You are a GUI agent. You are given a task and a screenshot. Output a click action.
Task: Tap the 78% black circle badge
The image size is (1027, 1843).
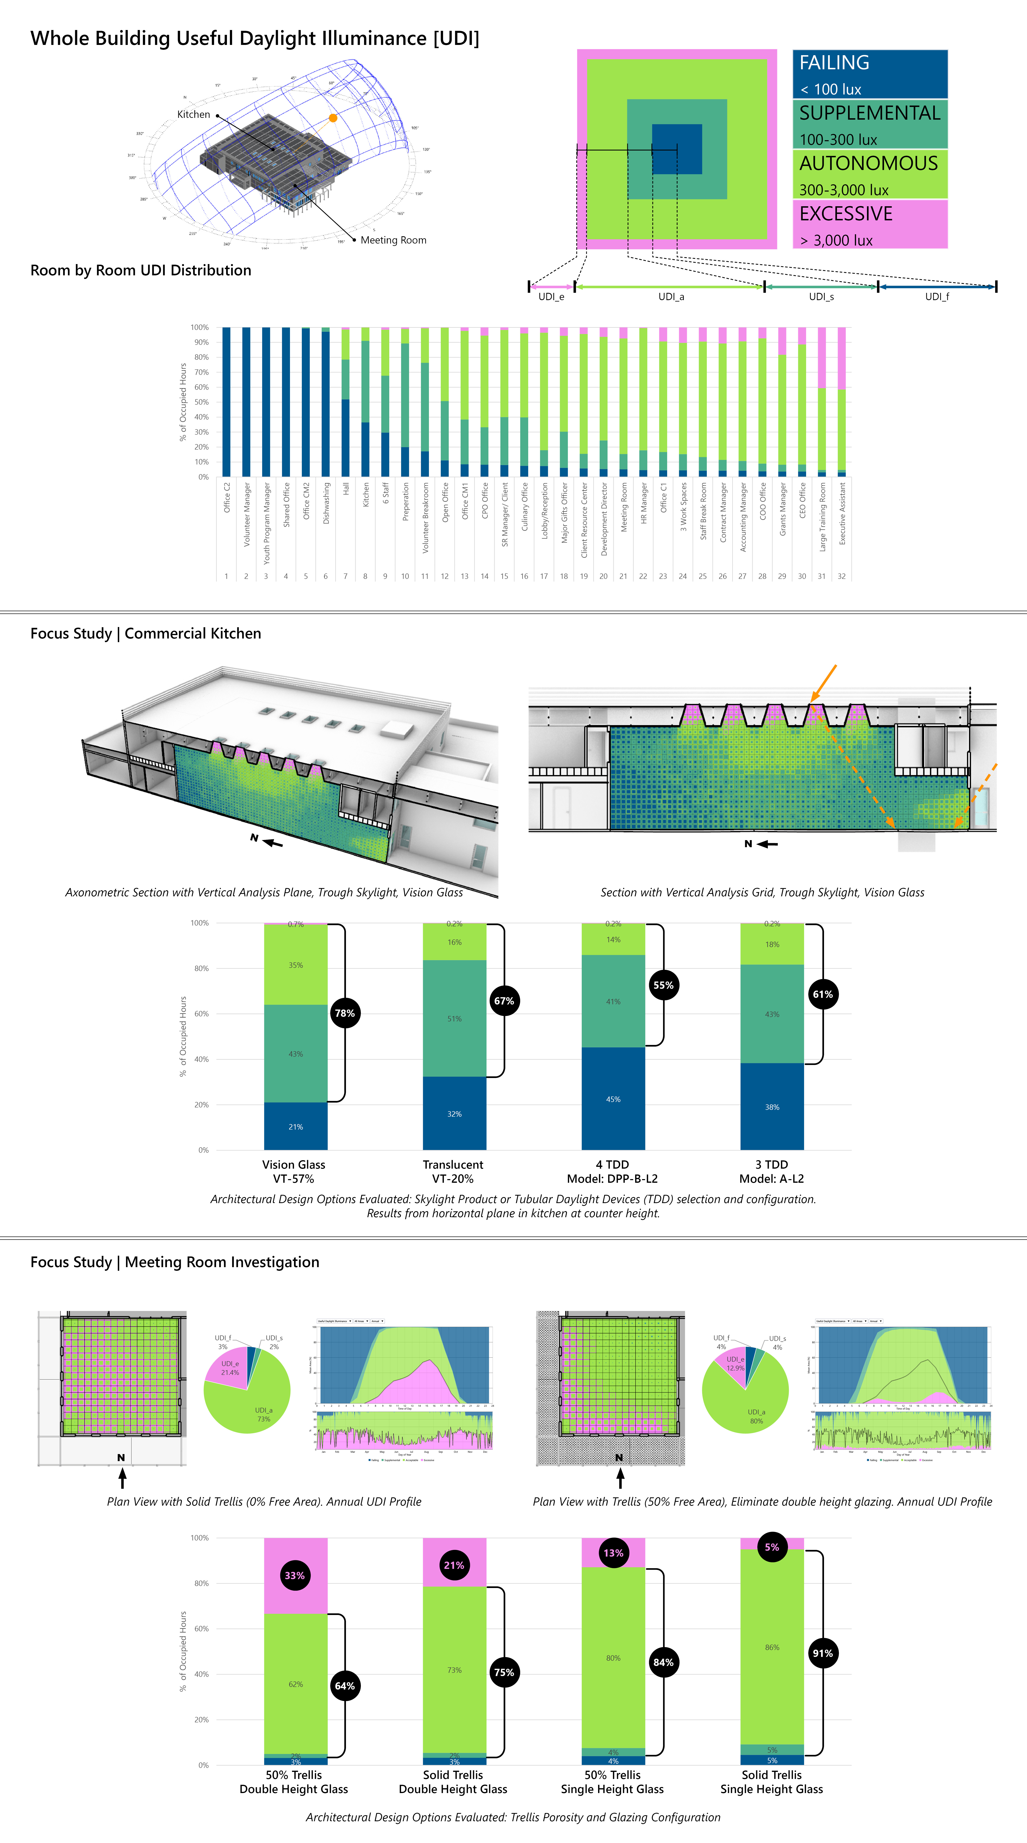tap(345, 1013)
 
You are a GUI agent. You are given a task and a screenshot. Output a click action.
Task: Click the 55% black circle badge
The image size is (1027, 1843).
tap(663, 985)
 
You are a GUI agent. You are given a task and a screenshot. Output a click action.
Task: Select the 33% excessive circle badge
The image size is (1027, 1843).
tap(295, 1576)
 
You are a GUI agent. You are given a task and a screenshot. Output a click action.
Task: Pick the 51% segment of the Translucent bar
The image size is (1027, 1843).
tap(454, 1018)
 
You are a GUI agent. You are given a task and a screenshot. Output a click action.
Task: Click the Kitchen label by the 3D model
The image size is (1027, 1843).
tap(194, 114)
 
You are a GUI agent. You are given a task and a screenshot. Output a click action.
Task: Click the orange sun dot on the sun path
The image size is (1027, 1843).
tap(332, 118)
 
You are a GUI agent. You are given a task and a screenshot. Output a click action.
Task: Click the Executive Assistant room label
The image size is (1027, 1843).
tap(842, 513)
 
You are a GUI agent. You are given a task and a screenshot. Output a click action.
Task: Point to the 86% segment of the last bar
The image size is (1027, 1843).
tap(772, 1647)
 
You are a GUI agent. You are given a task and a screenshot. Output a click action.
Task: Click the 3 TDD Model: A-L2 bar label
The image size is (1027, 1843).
tap(772, 1171)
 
